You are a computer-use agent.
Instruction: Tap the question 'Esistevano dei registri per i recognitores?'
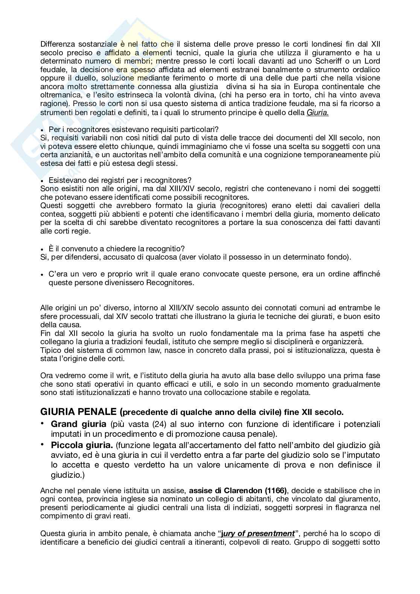[120, 180]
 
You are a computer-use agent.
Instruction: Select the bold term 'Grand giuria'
[78, 424]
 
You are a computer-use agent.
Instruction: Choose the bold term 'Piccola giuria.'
[82, 446]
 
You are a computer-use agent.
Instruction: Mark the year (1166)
[276, 491]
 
